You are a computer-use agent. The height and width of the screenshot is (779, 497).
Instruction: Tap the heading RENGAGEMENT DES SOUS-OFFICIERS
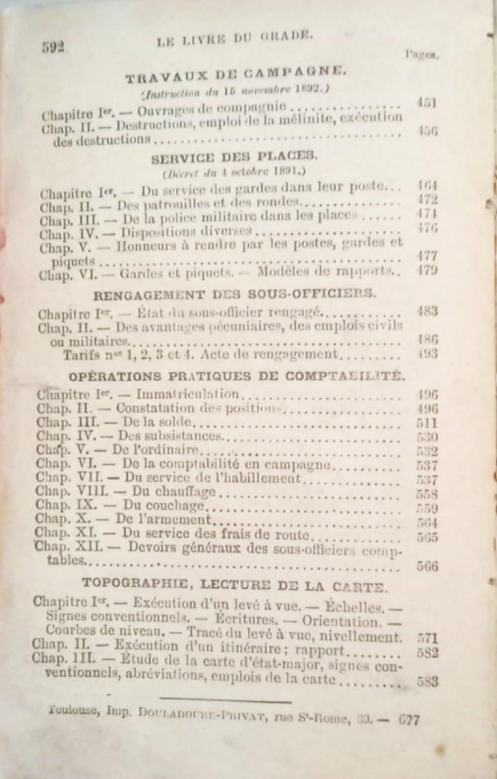click(235, 295)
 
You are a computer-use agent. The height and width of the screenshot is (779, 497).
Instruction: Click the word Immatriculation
click(187, 394)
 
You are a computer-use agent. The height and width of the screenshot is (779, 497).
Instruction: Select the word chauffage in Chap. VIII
click(174, 492)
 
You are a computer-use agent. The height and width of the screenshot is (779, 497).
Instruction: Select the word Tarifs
click(80, 355)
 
